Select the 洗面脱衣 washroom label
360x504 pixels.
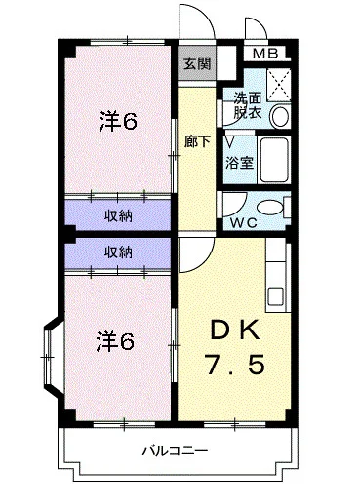pos(247,105)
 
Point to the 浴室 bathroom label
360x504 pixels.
pos(240,162)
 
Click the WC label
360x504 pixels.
pos(244,222)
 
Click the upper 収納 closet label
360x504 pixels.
pos(119,214)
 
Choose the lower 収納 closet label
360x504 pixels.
pos(119,252)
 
